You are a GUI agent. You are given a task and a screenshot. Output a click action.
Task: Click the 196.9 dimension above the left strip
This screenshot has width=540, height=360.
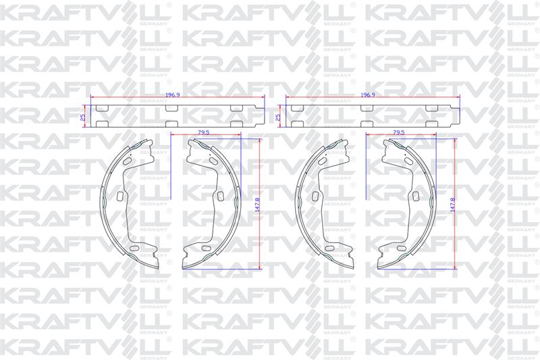point(173,95)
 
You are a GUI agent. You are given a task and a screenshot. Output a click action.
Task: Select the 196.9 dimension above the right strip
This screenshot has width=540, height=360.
point(368,95)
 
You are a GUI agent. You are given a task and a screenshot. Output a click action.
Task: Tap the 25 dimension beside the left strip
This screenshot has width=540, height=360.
point(82,117)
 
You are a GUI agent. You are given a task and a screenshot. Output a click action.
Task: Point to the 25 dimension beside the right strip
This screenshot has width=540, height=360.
point(278,117)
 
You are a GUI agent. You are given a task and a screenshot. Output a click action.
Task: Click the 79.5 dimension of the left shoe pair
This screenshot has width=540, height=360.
point(204,132)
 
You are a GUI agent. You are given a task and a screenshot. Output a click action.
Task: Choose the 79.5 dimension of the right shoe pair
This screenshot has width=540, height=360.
point(398,132)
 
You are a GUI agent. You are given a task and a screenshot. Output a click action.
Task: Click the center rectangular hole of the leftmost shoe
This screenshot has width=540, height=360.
point(120,196)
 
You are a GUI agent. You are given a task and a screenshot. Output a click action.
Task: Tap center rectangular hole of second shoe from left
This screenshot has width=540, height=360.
point(221,196)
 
